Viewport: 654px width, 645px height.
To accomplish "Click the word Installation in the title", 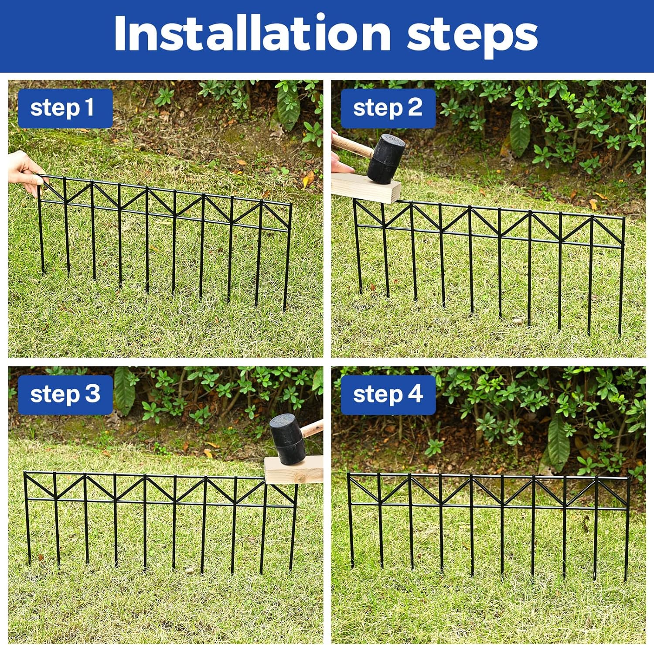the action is coord(252,34).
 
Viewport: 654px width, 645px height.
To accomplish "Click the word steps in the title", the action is coord(472,37).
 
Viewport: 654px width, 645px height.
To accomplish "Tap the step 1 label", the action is coord(65,108).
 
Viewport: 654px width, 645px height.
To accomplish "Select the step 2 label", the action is coord(388,108).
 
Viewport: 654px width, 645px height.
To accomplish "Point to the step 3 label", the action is coord(65,395).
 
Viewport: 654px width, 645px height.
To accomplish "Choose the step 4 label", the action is coord(388,395).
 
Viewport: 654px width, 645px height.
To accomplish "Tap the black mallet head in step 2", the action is coord(385,158).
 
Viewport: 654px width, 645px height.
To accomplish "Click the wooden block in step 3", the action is coord(293,470).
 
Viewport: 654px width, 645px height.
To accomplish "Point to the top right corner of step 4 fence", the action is coord(629,478).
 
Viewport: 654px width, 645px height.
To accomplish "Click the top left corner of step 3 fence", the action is coord(25,473).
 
